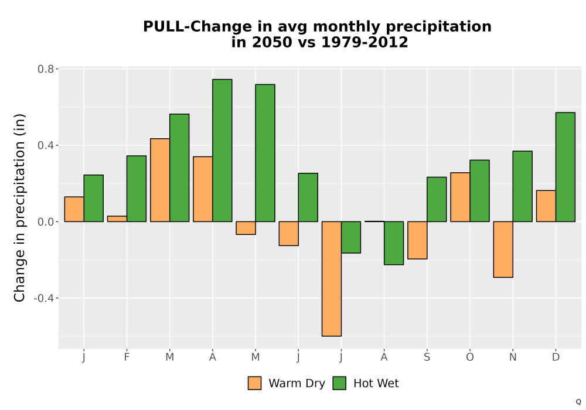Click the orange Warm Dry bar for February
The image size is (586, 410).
click(x=117, y=219)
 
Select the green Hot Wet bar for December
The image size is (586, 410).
click(x=565, y=167)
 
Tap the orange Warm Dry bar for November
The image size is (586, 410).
click(x=503, y=250)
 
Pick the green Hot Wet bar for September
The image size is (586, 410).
click(x=437, y=199)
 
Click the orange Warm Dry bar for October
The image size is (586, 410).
click(x=460, y=197)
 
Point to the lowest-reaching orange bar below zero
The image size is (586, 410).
click(x=332, y=279)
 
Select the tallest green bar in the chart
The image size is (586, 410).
click(x=222, y=151)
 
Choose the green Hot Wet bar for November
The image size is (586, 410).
click(x=523, y=186)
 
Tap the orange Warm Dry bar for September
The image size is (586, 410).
click(x=417, y=240)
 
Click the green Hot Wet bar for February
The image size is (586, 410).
click(x=137, y=189)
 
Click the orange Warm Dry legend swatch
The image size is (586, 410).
click(x=254, y=383)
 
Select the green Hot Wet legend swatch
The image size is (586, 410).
click(x=339, y=383)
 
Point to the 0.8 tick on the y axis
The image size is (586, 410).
click(x=57, y=69)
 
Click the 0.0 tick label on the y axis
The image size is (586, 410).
click(x=46, y=222)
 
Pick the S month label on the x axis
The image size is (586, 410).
click(x=427, y=357)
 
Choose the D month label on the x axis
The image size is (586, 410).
click(x=556, y=357)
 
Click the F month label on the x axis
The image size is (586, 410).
click(x=127, y=357)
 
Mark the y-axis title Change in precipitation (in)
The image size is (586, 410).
click(x=19, y=208)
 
